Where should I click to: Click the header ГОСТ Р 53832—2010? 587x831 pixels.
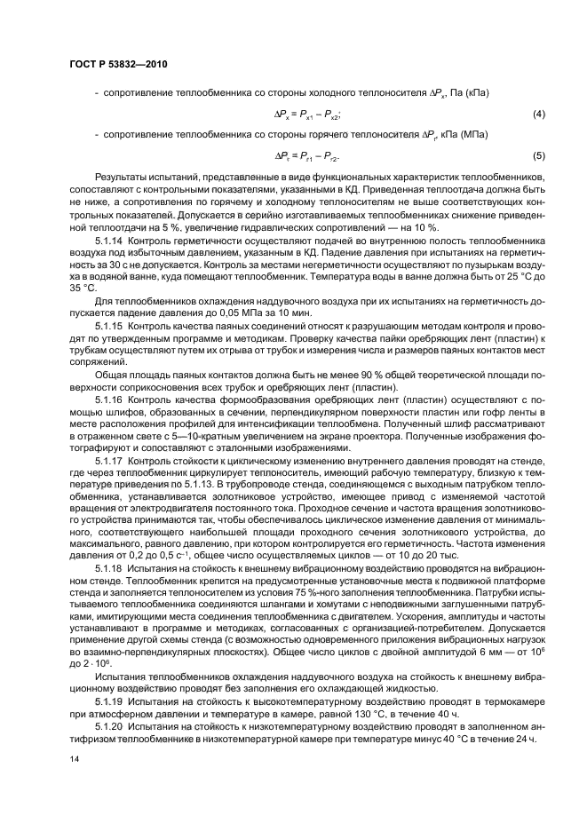tap(118, 65)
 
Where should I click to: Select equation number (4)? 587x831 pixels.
tap(538, 115)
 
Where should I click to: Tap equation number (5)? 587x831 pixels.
tap(538, 156)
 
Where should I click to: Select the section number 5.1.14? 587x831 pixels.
tap(109, 241)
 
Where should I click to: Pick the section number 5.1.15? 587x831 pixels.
tap(109, 328)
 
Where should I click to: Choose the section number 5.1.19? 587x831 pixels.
tap(109, 700)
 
